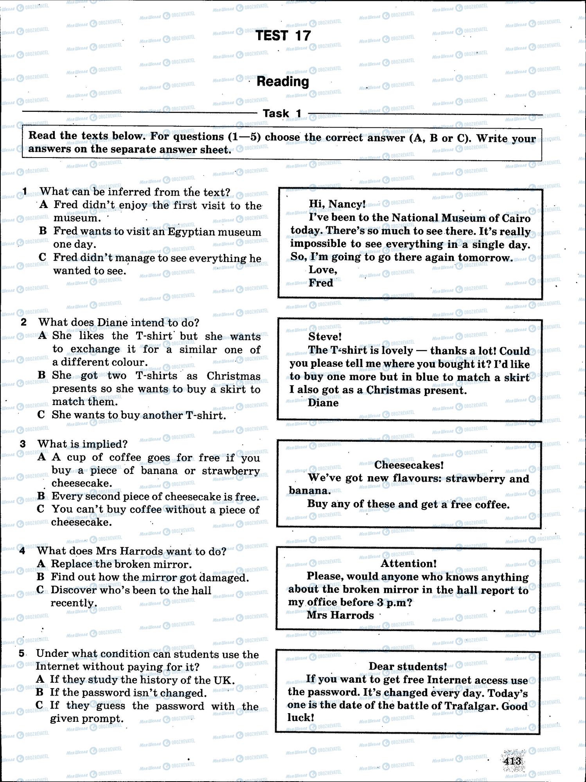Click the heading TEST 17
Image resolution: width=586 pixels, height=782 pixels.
[283, 36]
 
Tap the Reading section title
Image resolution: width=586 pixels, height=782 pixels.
[283, 82]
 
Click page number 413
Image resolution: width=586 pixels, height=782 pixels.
[513, 761]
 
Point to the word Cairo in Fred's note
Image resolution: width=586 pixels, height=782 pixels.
[517, 219]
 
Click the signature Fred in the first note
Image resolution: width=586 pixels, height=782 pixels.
[320, 283]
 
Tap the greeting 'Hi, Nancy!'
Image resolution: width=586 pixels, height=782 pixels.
[337, 204]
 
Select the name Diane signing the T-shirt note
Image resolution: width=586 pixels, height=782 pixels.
[323, 403]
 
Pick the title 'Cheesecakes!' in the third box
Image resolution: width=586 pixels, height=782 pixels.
[409, 465]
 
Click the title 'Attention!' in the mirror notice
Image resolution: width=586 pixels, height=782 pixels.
[408, 563]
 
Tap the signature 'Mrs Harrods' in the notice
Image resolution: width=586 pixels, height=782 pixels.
[340, 615]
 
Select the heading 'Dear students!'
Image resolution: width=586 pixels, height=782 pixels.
[408, 667]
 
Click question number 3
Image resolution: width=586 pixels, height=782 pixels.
[23, 444]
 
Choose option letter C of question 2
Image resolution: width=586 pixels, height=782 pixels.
[41, 414]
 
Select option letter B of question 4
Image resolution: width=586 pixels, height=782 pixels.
[40, 577]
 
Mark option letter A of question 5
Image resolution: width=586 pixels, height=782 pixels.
[40, 679]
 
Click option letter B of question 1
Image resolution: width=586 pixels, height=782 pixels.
[43, 231]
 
